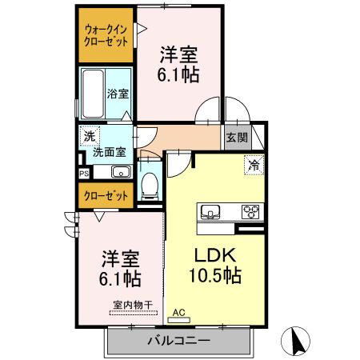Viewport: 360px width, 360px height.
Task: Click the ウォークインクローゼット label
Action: [x=106, y=36]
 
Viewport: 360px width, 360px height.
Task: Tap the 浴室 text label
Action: [x=118, y=94]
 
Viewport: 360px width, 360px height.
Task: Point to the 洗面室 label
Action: [x=109, y=151]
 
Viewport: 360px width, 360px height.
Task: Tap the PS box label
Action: [x=83, y=172]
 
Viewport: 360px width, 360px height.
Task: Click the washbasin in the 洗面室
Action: [x=122, y=171]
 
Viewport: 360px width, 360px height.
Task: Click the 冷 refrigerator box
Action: [x=253, y=166]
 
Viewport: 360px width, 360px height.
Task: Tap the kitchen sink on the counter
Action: [x=211, y=212]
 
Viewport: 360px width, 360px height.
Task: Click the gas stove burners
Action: [x=251, y=212]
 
